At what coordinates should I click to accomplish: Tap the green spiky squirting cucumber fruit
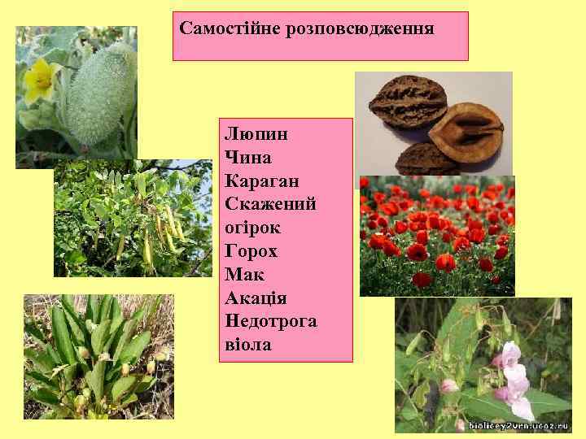pyautogui.click(x=98, y=98)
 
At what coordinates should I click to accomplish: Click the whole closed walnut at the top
pyautogui.click(x=403, y=106)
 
